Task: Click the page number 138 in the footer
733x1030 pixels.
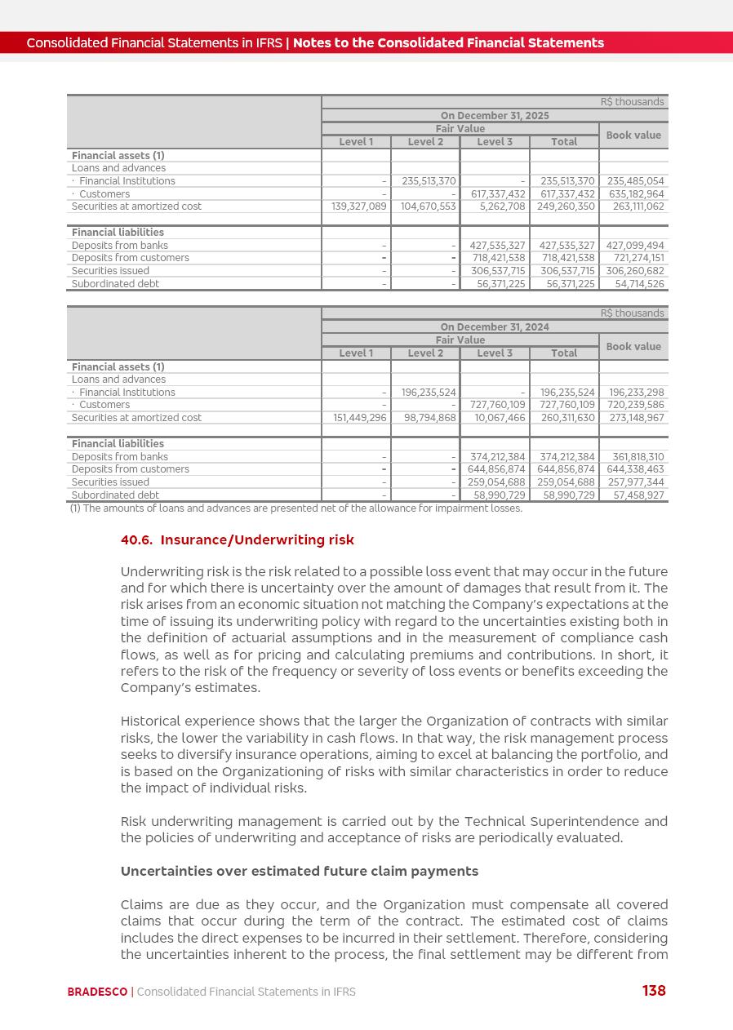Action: point(654,991)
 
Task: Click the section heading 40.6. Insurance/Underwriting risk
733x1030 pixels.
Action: point(238,540)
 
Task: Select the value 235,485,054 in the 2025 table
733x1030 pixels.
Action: point(634,181)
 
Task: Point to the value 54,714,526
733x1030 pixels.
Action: point(639,284)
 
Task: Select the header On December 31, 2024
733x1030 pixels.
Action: point(495,327)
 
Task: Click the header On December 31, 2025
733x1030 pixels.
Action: point(495,116)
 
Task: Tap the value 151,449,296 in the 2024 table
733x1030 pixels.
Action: point(359,418)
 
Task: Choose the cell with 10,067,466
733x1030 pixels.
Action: point(500,418)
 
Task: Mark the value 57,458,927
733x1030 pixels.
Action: point(639,495)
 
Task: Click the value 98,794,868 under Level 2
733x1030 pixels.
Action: point(429,418)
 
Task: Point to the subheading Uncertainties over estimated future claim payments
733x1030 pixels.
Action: point(300,872)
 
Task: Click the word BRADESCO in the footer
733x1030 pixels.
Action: point(97,992)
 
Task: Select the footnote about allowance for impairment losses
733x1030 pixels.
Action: point(295,508)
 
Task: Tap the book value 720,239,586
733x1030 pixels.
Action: point(636,405)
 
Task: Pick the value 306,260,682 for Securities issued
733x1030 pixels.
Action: point(634,271)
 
